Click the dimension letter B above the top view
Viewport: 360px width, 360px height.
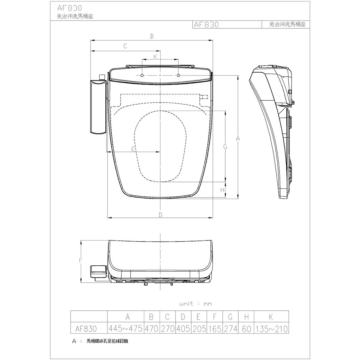(x=151, y=36)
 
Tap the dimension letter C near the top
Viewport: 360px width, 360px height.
(x=125, y=46)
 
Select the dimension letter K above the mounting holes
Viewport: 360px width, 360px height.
(x=155, y=56)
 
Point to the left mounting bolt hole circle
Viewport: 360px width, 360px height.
(x=142, y=76)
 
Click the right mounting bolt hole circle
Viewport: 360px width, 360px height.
(x=178, y=75)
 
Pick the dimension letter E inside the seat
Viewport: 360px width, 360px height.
(x=133, y=149)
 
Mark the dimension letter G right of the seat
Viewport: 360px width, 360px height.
(x=225, y=146)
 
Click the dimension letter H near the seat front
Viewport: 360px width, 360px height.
(x=222, y=190)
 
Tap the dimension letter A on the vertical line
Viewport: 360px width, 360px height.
(x=238, y=138)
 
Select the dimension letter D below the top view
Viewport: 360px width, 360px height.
(x=160, y=215)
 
